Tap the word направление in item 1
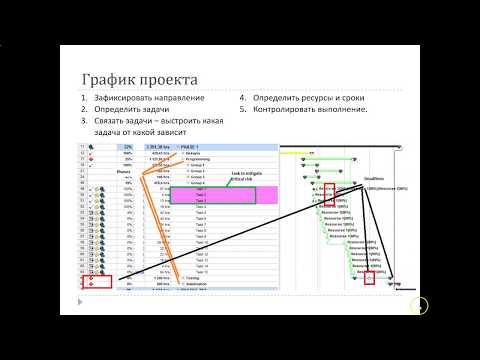(x=183, y=98)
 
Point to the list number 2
(x=85, y=109)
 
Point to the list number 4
(x=243, y=98)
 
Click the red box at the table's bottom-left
(x=91, y=282)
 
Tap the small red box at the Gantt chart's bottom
(x=369, y=277)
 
